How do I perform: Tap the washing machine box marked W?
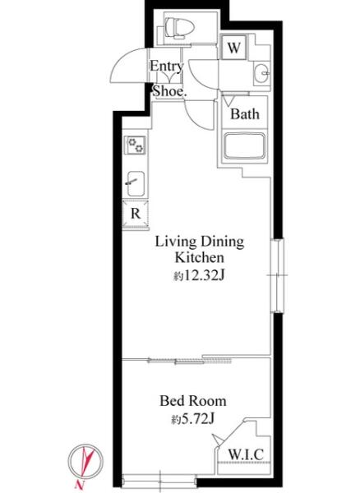[x=233, y=47]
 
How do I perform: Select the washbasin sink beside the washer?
[x=261, y=73]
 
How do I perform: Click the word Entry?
[x=167, y=66]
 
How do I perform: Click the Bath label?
[x=245, y=114]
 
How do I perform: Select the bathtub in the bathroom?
[x=244, y=146]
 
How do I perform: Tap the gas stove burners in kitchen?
[x=135, y=145]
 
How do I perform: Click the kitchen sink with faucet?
[x=136, y=183]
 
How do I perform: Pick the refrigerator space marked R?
[x=136, y=214]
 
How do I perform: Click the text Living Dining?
[x=200, y=242]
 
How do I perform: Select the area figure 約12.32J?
[x=199, y=276]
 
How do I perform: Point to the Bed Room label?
[x=192, y=401]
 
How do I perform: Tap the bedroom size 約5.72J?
[x=192, y=419]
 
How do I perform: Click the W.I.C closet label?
[x=246, y=454]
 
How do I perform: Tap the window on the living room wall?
[x=277, y=275]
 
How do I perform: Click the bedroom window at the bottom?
[x=159, y=481]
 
